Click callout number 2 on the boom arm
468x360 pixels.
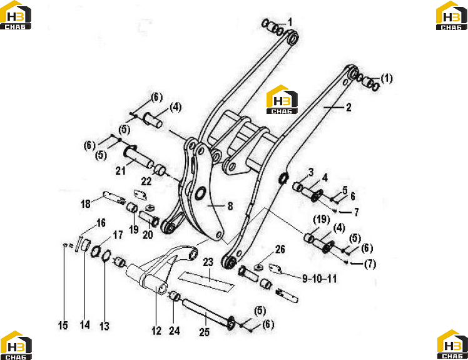348,108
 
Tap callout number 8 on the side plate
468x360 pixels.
230,206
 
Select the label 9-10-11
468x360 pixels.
319,279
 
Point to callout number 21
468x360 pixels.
121,171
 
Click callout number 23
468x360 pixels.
208,262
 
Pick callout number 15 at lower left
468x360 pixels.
63,326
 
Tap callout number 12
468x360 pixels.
156,331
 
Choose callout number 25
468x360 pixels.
205,332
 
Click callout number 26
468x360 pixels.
280,249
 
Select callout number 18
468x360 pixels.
86,203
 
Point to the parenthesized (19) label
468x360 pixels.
321,220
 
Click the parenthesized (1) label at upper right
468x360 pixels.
387,78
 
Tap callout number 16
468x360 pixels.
101,223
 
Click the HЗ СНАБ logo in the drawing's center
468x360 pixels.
282,100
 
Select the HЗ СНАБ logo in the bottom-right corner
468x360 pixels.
452,344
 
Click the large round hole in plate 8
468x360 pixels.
201,193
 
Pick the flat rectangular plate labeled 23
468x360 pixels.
206,282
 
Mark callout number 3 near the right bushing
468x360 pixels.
311,172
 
